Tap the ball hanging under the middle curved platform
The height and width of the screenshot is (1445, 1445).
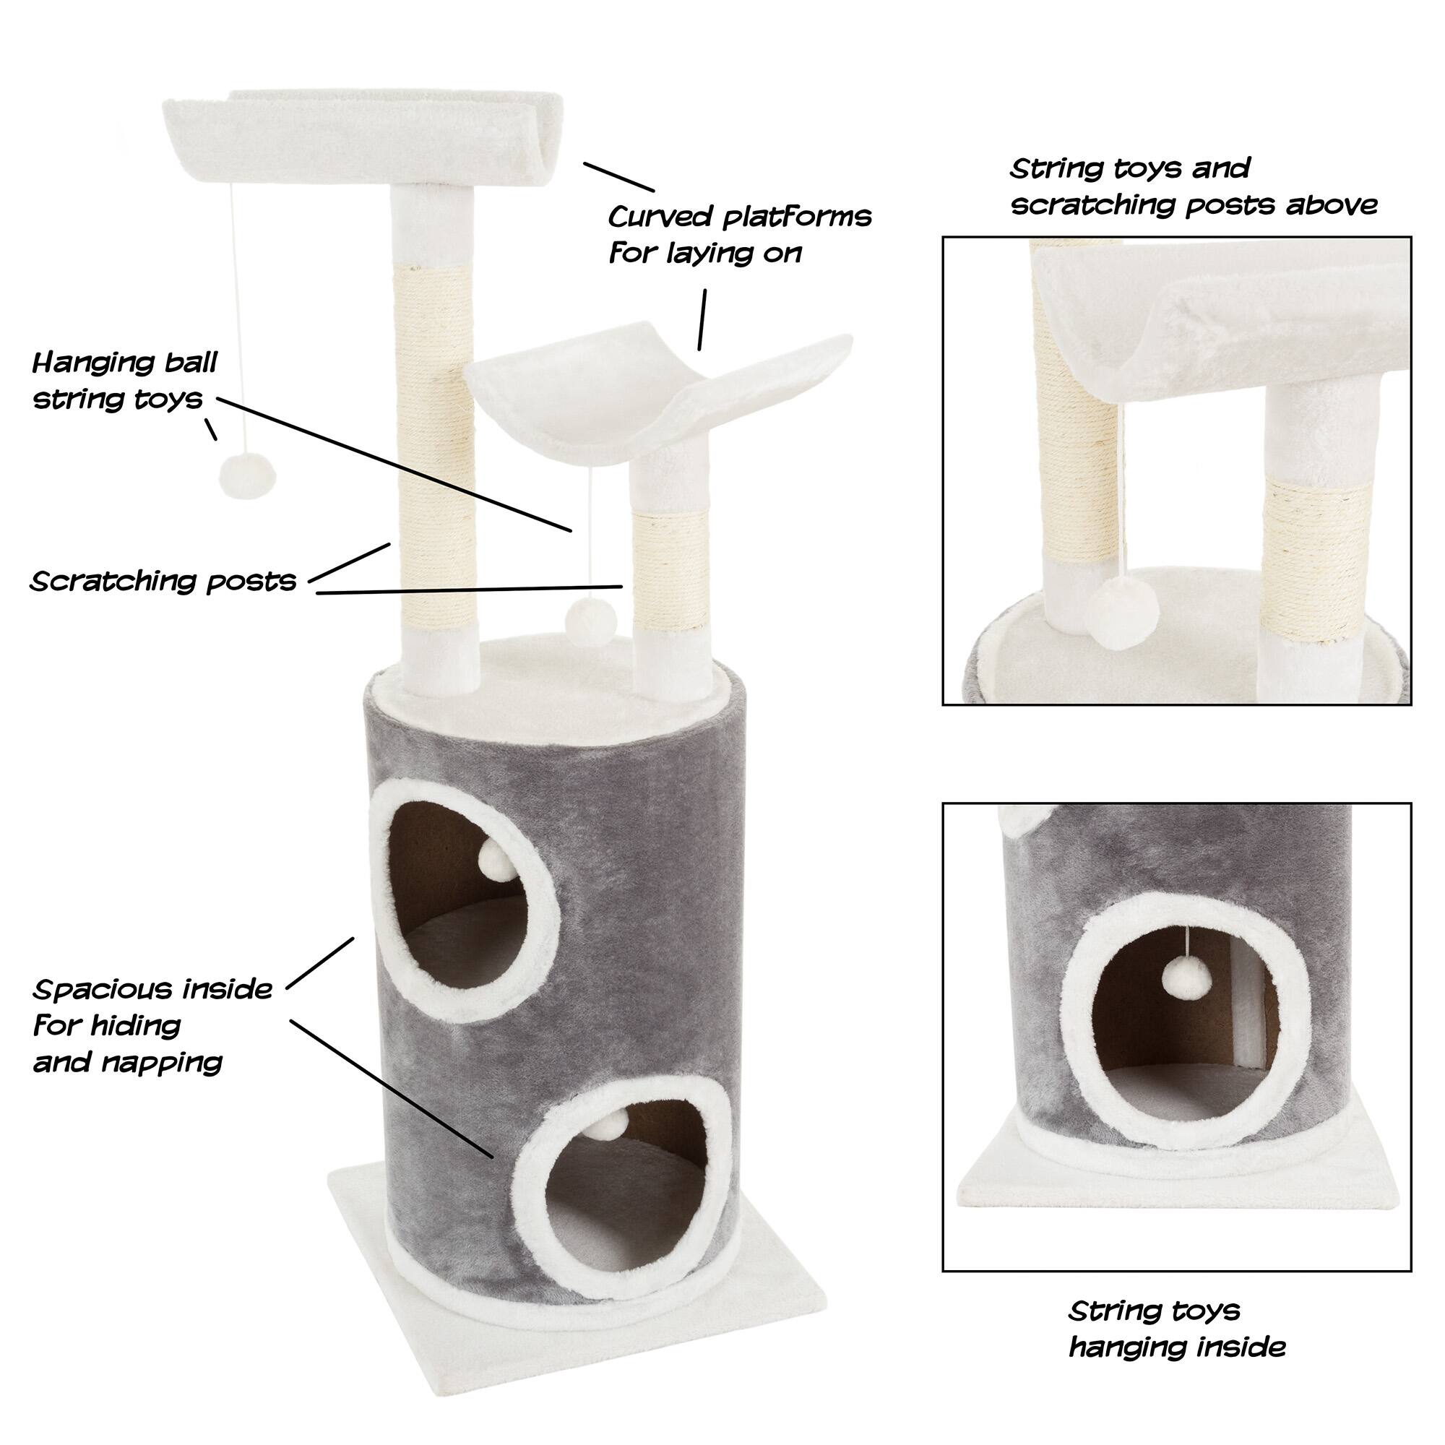(591, 619)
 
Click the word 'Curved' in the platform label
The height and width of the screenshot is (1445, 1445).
(659, 217)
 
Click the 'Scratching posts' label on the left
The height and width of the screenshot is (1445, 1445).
(163, 581)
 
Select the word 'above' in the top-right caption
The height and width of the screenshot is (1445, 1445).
(1332, 204)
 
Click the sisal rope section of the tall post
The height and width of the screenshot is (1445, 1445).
(433, 441)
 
